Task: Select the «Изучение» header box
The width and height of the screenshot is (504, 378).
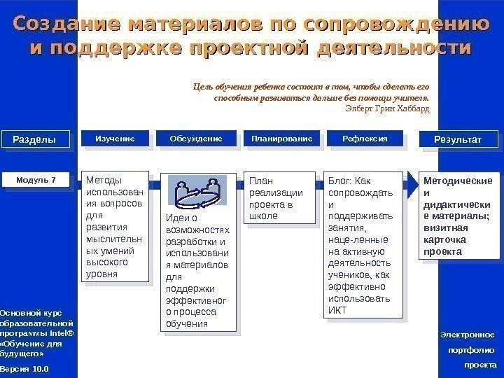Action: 115,139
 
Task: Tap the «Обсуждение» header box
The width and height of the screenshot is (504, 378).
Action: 196,139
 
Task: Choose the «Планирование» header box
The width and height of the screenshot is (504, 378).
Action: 281,139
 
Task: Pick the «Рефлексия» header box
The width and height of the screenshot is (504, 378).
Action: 365,139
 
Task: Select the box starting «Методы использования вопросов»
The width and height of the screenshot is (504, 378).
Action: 115,226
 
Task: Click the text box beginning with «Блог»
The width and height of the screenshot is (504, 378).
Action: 364,246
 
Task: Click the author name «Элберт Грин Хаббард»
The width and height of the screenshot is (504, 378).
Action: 388,109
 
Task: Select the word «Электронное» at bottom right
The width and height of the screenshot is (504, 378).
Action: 468,335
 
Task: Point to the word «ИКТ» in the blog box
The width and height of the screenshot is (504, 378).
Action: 337,310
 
